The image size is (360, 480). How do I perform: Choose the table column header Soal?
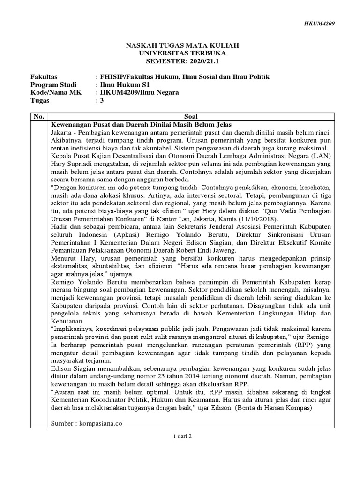point(192,116)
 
